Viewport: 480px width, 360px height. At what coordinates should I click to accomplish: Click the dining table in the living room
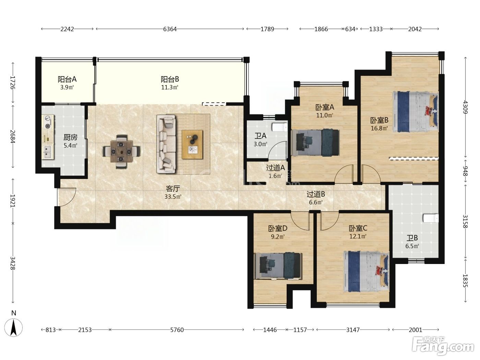[121, 152]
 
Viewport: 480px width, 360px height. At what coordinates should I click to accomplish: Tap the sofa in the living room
[167, 144]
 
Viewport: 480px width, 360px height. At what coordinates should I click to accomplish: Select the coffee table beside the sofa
[192, 144]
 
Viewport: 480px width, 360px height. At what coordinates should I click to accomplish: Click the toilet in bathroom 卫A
[280, 127]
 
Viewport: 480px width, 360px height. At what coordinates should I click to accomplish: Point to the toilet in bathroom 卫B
[431, 218]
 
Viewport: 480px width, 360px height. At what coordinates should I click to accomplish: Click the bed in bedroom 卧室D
[278, 266]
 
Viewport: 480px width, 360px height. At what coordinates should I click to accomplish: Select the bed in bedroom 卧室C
[366, 271]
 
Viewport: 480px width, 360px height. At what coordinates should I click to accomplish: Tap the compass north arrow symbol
[14, 327]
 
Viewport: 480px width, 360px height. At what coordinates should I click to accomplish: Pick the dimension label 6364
[170, 29]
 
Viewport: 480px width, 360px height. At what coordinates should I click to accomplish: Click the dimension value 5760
[177, 329]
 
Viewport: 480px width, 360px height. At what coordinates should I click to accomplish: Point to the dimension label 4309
[466, 107]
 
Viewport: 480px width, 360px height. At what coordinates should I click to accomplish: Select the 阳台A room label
[67, 79]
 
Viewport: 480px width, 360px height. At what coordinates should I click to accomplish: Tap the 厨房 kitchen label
[70, 137]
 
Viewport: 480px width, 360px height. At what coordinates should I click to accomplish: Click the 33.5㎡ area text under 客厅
[173, 197]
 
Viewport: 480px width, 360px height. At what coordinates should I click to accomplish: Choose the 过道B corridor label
[316, 194]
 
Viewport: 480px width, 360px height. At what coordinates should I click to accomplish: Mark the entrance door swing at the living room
[67, 197]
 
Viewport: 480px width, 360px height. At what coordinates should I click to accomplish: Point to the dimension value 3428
[13, 263]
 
